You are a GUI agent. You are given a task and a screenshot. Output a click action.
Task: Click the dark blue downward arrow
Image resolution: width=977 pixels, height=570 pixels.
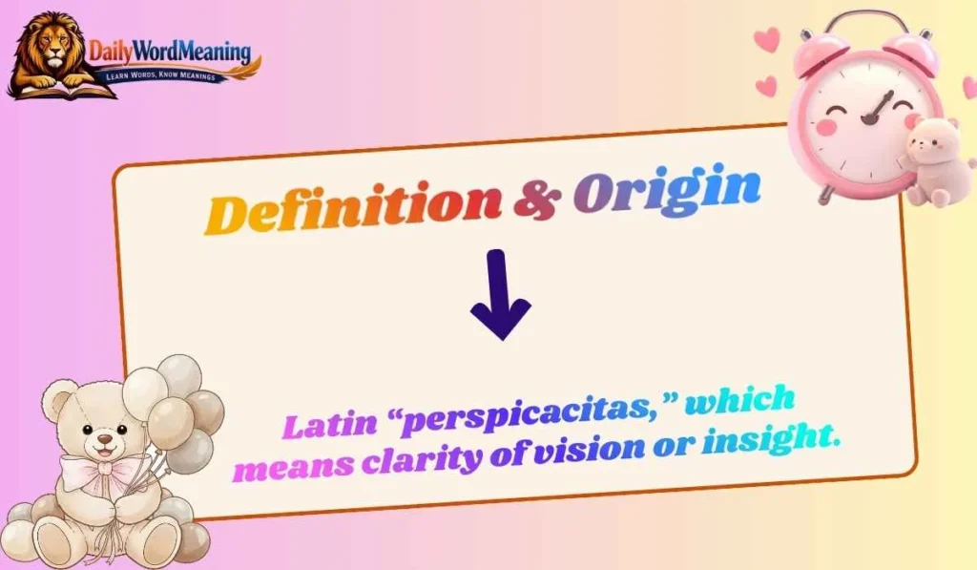tap(499, 295)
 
